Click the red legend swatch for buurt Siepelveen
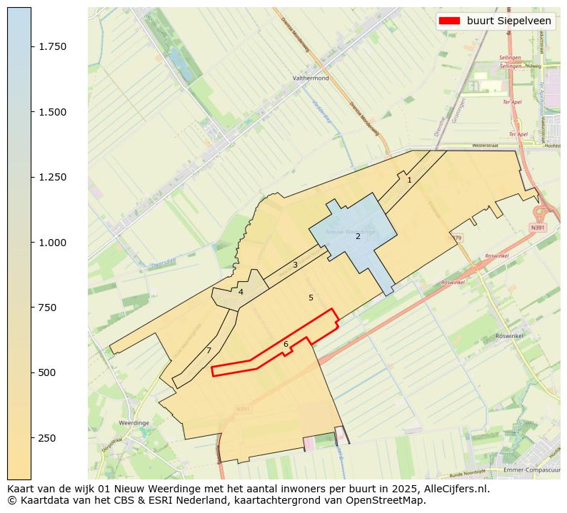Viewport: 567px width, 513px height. pyautogui.click(x=449, y=21)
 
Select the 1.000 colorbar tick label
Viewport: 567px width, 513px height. pyautogui.click(x=53, y=243)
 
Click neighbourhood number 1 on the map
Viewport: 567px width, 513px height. pyautogui.click(x=409, y=181)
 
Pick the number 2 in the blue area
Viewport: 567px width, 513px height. pyautogui.click(x=358, y=236)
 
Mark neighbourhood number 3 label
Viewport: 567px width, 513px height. pyautogui.click(x=295, y=265)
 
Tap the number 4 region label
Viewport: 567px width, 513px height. pyautogui.click(x=241, y=292)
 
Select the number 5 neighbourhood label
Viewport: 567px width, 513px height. pyautogui.click(x=311, y=298)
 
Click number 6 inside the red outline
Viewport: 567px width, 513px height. pyautogui.click(x=286, y=345)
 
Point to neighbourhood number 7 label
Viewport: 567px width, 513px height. pyautogui.click(x=209, y=350)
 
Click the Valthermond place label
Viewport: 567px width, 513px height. pyautogui.click(x=311, y=78)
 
